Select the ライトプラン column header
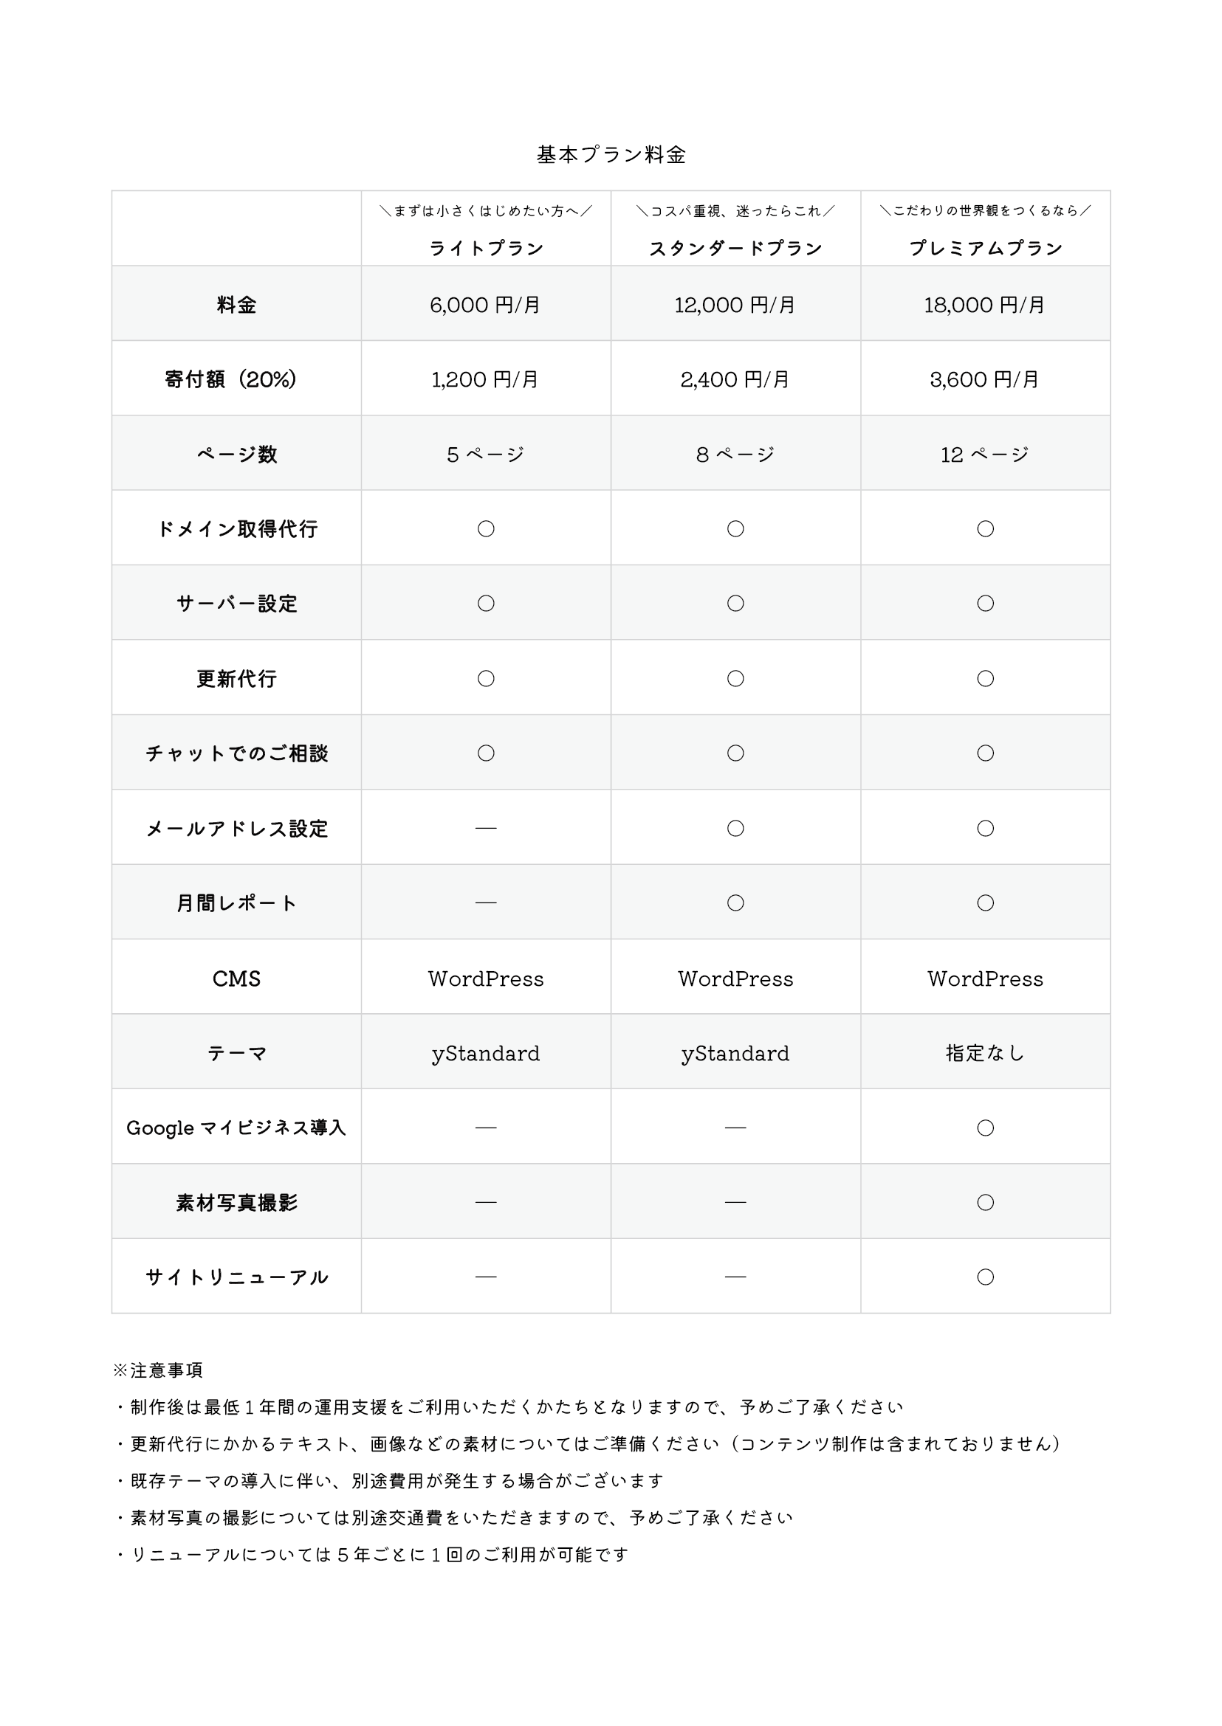pyautogui.click(x=485, y=248)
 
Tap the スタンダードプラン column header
pyautogui.click(x=735, y=248)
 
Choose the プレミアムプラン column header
pyautogui.click(x=985, y=248)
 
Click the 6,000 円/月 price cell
pyautogui.click(x=485, y=305)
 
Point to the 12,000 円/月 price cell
pyautogui.click(x=735, y=305)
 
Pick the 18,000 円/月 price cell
pyautogui.click(x=985, y=305)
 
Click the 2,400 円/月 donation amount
pyautogui.click(x=735, y=379)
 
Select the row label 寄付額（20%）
pyautogui.click(x=231, y=379)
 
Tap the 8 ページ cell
pyautogui.click(x=735, y=455)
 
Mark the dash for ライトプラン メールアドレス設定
pyautogui.click(x=486, y=828)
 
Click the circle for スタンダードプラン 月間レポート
pyautogui.click(x=735, y=902)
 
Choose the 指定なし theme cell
pyautogui.click(x=985, y=1053)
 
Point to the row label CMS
pyautogui.click(x=236, y=978)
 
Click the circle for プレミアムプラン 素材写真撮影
pyautogui.click(x=985, y=1202)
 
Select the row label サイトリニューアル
pyautogui.click(x=236, y=1277)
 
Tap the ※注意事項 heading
pyautogui.click(x=157, y=1370)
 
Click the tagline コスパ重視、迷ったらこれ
pyautogui.click(x=735, y=211)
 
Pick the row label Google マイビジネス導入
pyautogui.click(x=236, y=1128)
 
